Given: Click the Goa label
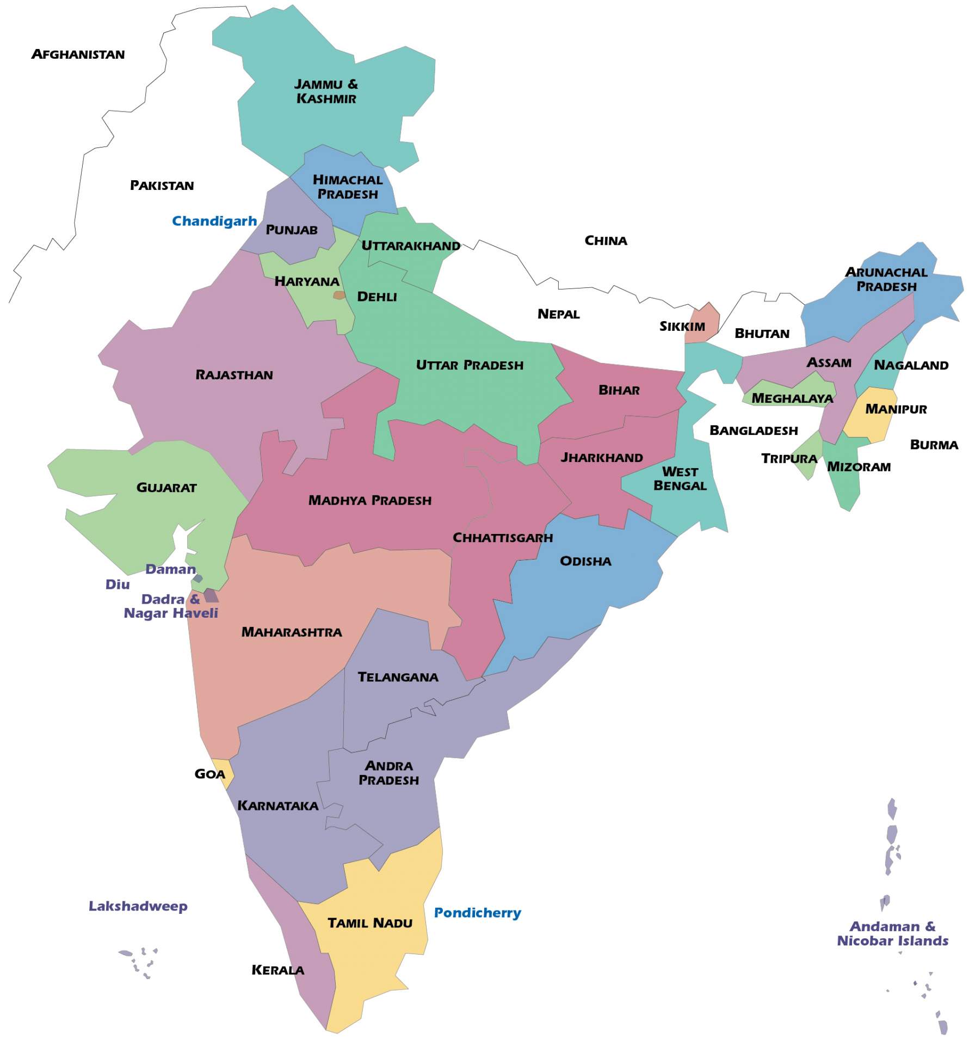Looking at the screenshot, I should [x=209, y=774].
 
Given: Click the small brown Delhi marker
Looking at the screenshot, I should [x=339, y=295].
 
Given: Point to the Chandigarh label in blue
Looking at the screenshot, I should [x=214, y=221].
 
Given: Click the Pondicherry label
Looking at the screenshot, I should [x=477, y=913].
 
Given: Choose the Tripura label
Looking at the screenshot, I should [x=788, y=458].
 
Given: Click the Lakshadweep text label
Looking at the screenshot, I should [x=138, y=906].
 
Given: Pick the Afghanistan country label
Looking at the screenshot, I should [x=78, y=54].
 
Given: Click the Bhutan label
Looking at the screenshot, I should [x=762, y=334].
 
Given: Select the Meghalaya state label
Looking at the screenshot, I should [x=792, y=398].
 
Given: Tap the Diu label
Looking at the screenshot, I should [x=118, y=585].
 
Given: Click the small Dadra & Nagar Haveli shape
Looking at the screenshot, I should [x=211, y=595].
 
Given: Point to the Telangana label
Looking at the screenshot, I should [x=398, y=677].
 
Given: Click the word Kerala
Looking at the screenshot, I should [x=277, y=970].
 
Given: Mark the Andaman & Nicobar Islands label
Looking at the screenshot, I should [x=892, y=933].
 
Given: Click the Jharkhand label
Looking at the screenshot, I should [x=602, y=457].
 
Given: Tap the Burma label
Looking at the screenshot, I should [x=934, y=445].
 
